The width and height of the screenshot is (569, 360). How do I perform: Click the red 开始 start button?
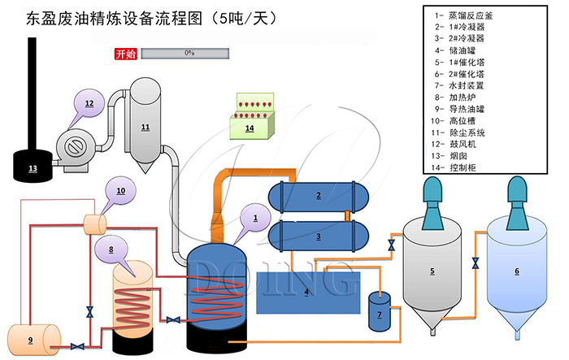(x=126, y=54)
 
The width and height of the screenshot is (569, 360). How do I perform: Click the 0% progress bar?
(x=189, y=54)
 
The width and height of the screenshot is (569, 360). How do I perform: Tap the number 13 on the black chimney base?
(x=33, y=168)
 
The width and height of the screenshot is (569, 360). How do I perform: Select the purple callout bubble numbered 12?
(x=89, y=104)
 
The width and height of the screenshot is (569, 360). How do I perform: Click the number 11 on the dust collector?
(x=145, y=128)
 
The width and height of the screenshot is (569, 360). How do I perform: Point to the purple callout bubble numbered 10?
(x=121, y=191)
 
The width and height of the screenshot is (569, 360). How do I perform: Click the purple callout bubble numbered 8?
(x=111, y=248)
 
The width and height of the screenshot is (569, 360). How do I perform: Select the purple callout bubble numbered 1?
(x=255, y=218)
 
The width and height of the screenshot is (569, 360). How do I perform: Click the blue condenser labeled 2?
(x=319, y=195)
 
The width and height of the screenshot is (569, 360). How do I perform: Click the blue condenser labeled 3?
(x=319, y=236)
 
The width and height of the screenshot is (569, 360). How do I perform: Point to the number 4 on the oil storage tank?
(x=306, y=291)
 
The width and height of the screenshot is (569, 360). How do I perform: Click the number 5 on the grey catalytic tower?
(x=432, y=271)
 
